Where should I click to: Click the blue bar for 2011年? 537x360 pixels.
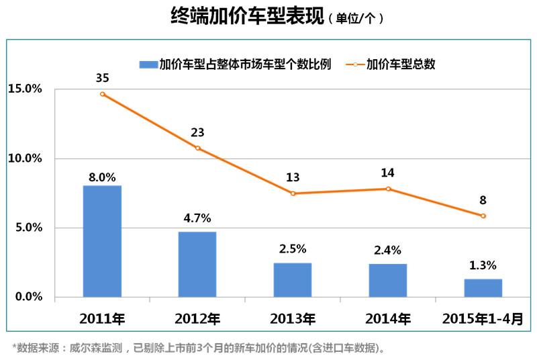[102, 241]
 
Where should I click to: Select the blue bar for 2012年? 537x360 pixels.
[197, 264]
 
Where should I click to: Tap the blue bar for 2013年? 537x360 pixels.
[293, 279]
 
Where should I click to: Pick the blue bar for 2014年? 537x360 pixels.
[387, 280]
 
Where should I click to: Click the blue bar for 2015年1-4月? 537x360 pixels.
[483, 287]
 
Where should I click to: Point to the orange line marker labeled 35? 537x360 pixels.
[102, 94]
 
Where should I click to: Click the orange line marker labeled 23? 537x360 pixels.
[197, 148]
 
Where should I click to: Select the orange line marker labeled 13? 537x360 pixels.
[293, 193]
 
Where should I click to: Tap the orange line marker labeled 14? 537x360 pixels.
[387, 189]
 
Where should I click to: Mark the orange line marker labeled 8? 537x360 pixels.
[483, 216]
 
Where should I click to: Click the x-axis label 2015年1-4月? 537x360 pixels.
[482, 319]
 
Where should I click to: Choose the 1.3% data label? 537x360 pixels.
[483, 265]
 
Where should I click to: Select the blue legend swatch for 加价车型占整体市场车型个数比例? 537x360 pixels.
[148, 64]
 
